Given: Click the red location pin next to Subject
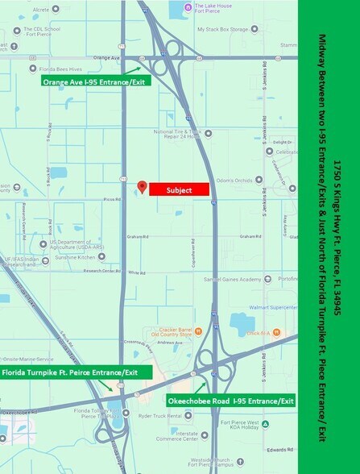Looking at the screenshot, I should tap(142, 187).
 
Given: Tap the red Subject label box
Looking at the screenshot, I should tap(179, 189).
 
